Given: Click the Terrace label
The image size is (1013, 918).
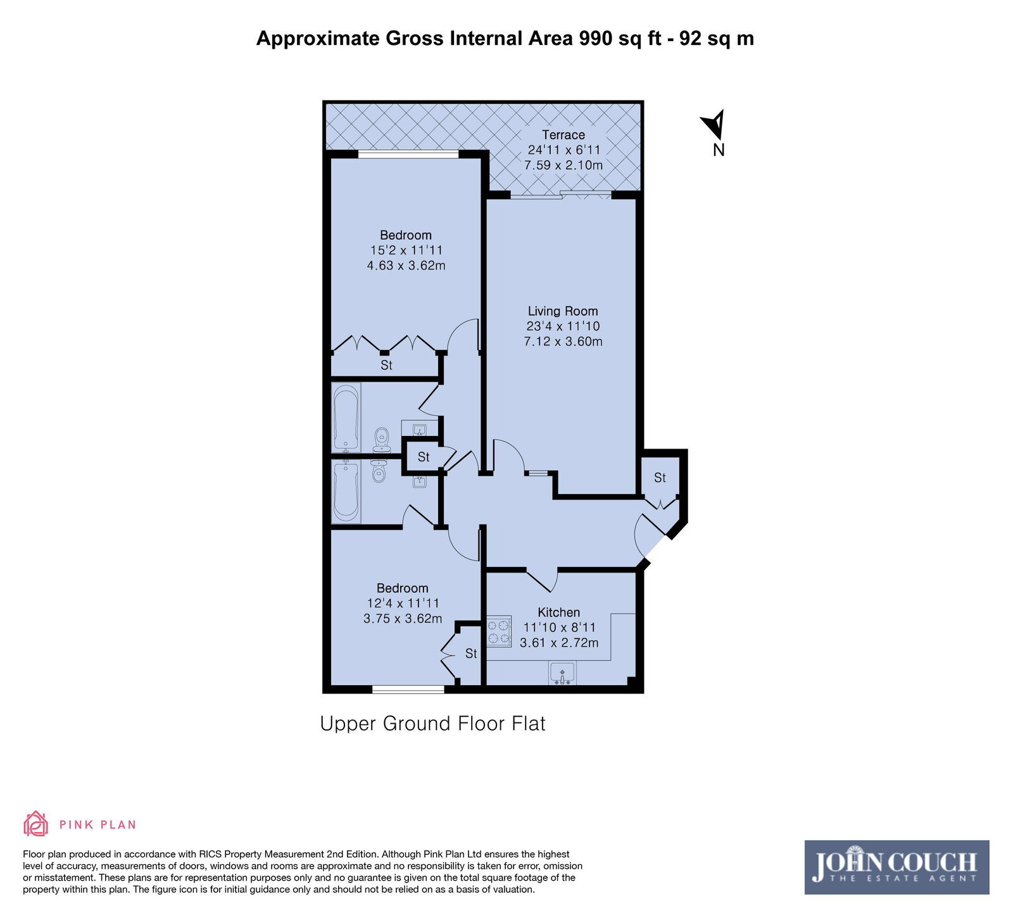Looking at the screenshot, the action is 563,135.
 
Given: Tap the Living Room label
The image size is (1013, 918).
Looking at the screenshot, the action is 563,311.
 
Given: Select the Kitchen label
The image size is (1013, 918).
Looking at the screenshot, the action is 559,612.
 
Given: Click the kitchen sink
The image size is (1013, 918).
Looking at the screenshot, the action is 562,674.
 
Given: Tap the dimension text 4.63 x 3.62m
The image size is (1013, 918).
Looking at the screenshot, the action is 406,265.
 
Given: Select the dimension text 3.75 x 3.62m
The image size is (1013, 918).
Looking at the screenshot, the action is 403,618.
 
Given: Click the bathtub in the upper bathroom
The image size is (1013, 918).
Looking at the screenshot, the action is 346,418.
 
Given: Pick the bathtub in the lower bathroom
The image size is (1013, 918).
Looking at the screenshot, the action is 346,491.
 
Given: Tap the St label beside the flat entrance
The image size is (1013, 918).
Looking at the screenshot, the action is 660,478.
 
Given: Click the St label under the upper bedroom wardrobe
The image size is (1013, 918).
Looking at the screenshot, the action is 386,365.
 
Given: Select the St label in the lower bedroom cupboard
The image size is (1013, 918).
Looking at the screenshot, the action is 471,653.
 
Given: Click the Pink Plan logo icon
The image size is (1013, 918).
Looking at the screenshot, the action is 35,824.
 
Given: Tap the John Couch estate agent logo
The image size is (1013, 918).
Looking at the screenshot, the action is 897,867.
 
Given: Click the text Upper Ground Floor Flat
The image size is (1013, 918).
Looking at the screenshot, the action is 433,723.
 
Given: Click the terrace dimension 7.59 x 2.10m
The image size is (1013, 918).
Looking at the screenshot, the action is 563,165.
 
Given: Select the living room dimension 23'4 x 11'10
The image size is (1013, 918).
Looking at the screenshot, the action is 563,326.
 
